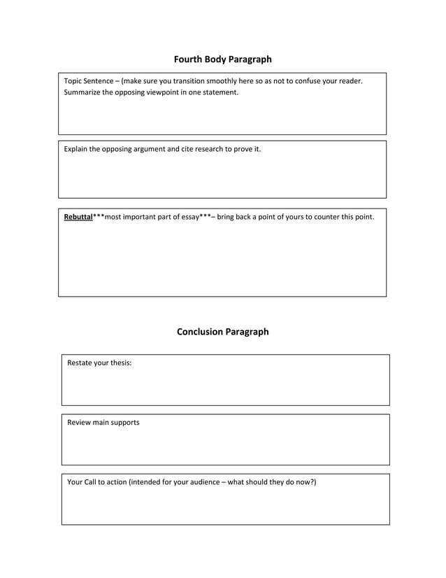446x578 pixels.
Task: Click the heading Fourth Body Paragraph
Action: (222, 59)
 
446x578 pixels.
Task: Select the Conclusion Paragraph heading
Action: (222, 332)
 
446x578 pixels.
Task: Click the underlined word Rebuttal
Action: (78, 217)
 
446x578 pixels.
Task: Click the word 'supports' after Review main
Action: (124, 423)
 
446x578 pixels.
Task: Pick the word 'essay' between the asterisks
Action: (188, 217)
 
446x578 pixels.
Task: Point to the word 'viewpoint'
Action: (163, 92)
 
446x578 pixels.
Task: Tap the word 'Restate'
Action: (80, 363)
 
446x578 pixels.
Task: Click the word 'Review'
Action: (80, 423)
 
